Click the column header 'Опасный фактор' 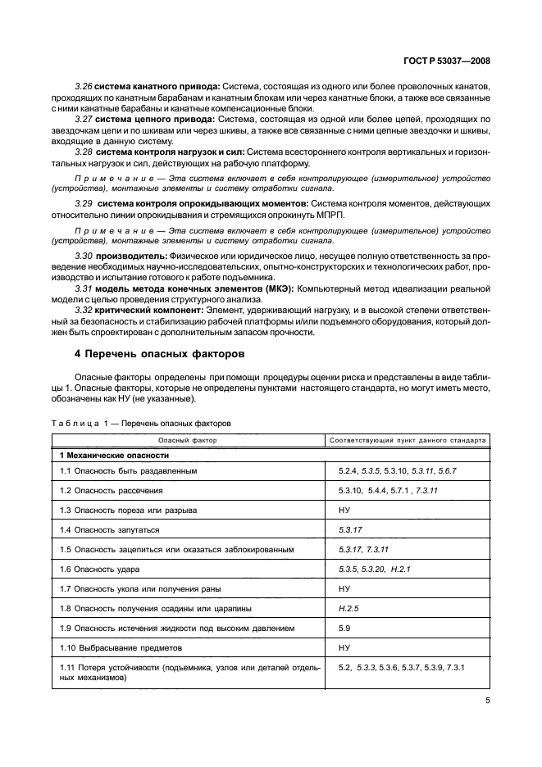189,440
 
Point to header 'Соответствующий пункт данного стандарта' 408,440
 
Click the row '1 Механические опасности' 107,455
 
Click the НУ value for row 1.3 344,510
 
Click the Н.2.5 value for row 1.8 349,609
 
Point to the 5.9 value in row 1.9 344,629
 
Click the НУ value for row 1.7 344,589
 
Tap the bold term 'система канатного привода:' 157,86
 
